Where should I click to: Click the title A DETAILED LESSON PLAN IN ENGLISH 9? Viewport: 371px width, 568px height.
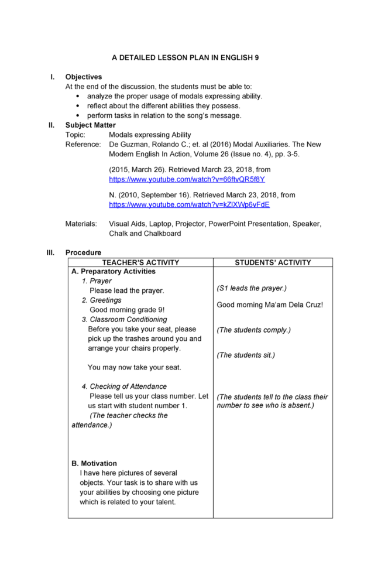pyautogui.click(x=185, y=58)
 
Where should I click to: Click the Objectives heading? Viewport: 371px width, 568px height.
pyautogui.click(x=83, y=77)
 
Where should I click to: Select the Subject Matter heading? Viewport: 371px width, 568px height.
pyautogui.click(x=90, y=125)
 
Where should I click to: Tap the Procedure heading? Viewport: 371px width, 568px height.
pyautogui.click(x=83, y=252)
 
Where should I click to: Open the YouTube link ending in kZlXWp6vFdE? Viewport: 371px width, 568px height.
pyautogui.click(x=189, y=205)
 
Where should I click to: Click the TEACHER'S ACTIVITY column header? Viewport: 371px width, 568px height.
pyautogui.click(x=140, y=262)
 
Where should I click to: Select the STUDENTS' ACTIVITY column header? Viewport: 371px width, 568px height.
pyautogui.click(x=273, y=262)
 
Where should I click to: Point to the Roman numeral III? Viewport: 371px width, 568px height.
pyautogui.click(x=51, y=252)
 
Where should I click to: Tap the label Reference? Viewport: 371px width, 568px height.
pyautogui.click(x=83, y=144)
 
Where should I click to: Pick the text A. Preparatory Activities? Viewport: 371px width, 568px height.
pyautogui.click(x=114, y=272)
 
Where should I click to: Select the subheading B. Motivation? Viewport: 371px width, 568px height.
pyautogui.click(x=94, y=463)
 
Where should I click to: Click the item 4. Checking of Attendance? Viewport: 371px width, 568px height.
pyautogui.click(x=124, y=386)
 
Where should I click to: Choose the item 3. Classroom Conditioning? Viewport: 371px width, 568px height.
pyautogui.click(x=124, y=320)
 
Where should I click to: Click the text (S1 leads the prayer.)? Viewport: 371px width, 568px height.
pyautogui.click(x=252, y=288)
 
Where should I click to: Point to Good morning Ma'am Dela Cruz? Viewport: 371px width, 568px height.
pyautogui.click(x=270, y=304)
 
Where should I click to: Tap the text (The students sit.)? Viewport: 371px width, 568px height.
pyautogui.click(x=246, y=355)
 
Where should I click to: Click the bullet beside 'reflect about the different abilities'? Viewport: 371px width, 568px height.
pyautogui.click(x=78, y=106)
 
